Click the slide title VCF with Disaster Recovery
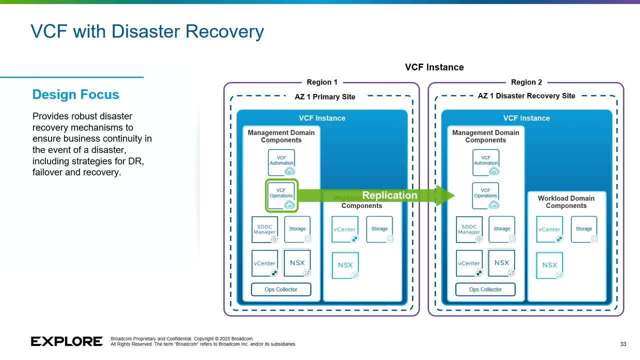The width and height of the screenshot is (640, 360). [147, 31]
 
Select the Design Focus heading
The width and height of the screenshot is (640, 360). [75, 94]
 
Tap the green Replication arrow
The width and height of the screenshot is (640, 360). [380, 195]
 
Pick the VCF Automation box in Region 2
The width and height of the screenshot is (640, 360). [485, 162]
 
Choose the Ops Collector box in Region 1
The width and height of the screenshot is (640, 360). [281, 289]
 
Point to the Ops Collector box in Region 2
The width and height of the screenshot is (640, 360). [485, 289]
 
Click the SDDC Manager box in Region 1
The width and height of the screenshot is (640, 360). [264, 229]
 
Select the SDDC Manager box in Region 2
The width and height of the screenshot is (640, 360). [469, 229]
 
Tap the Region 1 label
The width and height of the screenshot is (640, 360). [322, 82]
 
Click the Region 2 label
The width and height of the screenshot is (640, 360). [526, 82]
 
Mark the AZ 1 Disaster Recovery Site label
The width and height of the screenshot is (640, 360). [526, 96]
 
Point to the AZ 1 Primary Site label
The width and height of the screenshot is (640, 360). [325, 96]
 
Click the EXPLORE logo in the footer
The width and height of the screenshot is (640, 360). [66, 341]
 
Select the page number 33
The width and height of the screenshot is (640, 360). [623, 344]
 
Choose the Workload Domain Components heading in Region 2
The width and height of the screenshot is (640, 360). [566, 202]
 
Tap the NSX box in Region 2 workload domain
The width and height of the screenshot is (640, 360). [549, 265]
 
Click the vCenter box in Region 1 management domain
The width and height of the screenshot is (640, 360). [264, 263]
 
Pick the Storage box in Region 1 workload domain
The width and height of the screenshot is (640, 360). [379, 229]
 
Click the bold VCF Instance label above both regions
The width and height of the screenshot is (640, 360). [434, 67]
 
